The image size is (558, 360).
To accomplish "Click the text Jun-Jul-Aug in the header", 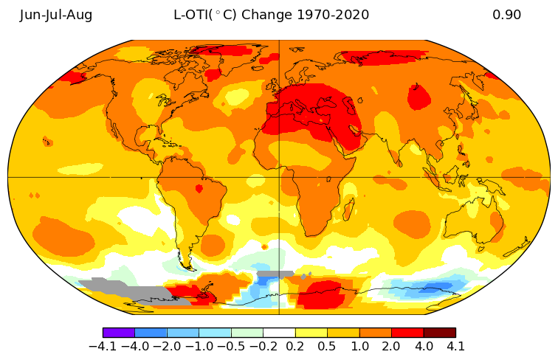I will pos(56,15).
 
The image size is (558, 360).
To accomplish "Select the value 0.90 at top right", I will pos(506,15).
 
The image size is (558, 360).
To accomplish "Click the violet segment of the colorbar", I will pos(119,333).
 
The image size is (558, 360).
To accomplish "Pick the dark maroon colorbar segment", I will pos(439,333).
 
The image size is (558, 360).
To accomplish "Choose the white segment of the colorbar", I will pos(279,333).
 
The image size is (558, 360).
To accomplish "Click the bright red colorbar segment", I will pos(407,333).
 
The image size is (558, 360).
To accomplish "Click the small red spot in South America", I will pos(199,189).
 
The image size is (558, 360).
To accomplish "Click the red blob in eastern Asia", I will pos(419,97).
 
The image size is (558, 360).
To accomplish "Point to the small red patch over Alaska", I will pos(72,76).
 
